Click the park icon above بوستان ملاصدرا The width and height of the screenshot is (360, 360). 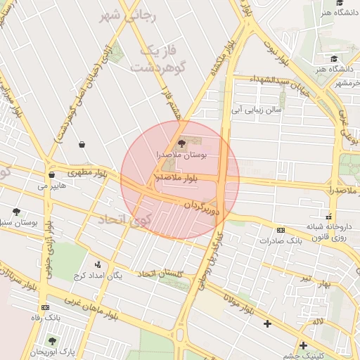click(x=182, y=143)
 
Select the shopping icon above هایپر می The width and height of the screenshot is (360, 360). click(x=51, y=175)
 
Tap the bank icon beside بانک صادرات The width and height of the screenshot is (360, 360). click(x=281, y=230)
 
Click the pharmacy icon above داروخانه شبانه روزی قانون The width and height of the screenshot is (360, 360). click(x=328, y=216)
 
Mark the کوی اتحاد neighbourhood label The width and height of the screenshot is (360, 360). click(x=124, y=219)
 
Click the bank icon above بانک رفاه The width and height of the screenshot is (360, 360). click(x=46, y=307)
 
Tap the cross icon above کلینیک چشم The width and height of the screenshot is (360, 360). click(x=303, y=345)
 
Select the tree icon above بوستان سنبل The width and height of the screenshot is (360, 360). click(x=16, y=212)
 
